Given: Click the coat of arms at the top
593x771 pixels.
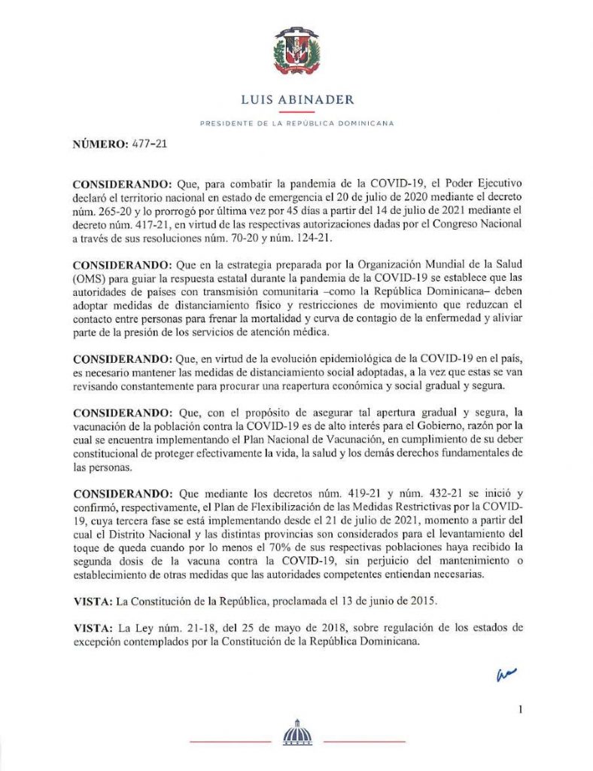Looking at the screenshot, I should [296, 53].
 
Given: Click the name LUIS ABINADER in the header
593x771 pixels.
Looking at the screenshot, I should [296, 99].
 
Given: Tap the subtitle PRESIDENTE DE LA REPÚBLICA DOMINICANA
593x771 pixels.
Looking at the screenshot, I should [296, 123].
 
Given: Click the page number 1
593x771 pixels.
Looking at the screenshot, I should [520, 709].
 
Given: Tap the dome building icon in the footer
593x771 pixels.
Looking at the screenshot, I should [296, 733].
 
